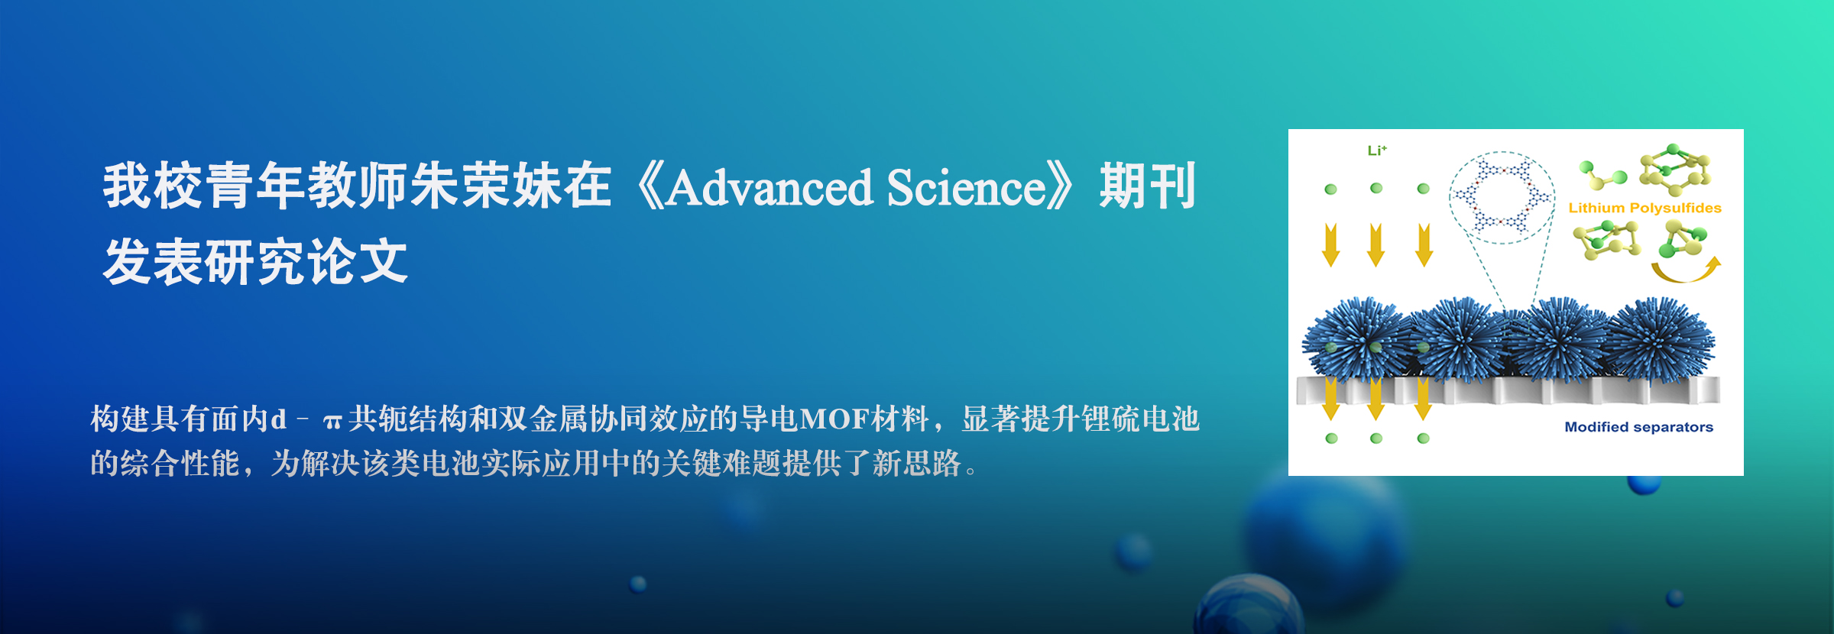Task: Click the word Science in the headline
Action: [966, 188]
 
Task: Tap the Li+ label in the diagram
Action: [1377, 150]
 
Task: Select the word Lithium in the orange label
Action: [1596, 208]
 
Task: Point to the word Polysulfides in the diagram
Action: [1676, 209]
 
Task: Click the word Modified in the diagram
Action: [1596, 427]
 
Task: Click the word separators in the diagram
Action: [1674, 428]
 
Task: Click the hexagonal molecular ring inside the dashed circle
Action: [1502, 196]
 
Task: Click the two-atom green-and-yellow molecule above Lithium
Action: [1602, 175]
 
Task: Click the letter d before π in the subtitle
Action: [278, 419]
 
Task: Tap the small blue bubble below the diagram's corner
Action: [1644, 485]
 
